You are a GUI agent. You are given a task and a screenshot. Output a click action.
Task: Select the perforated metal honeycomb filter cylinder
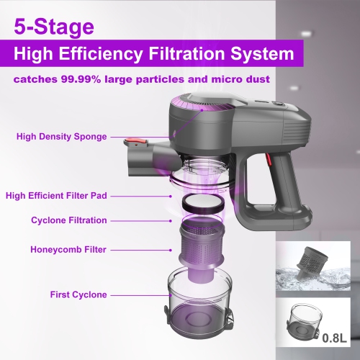pyautogui.click(x=203, y=240)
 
